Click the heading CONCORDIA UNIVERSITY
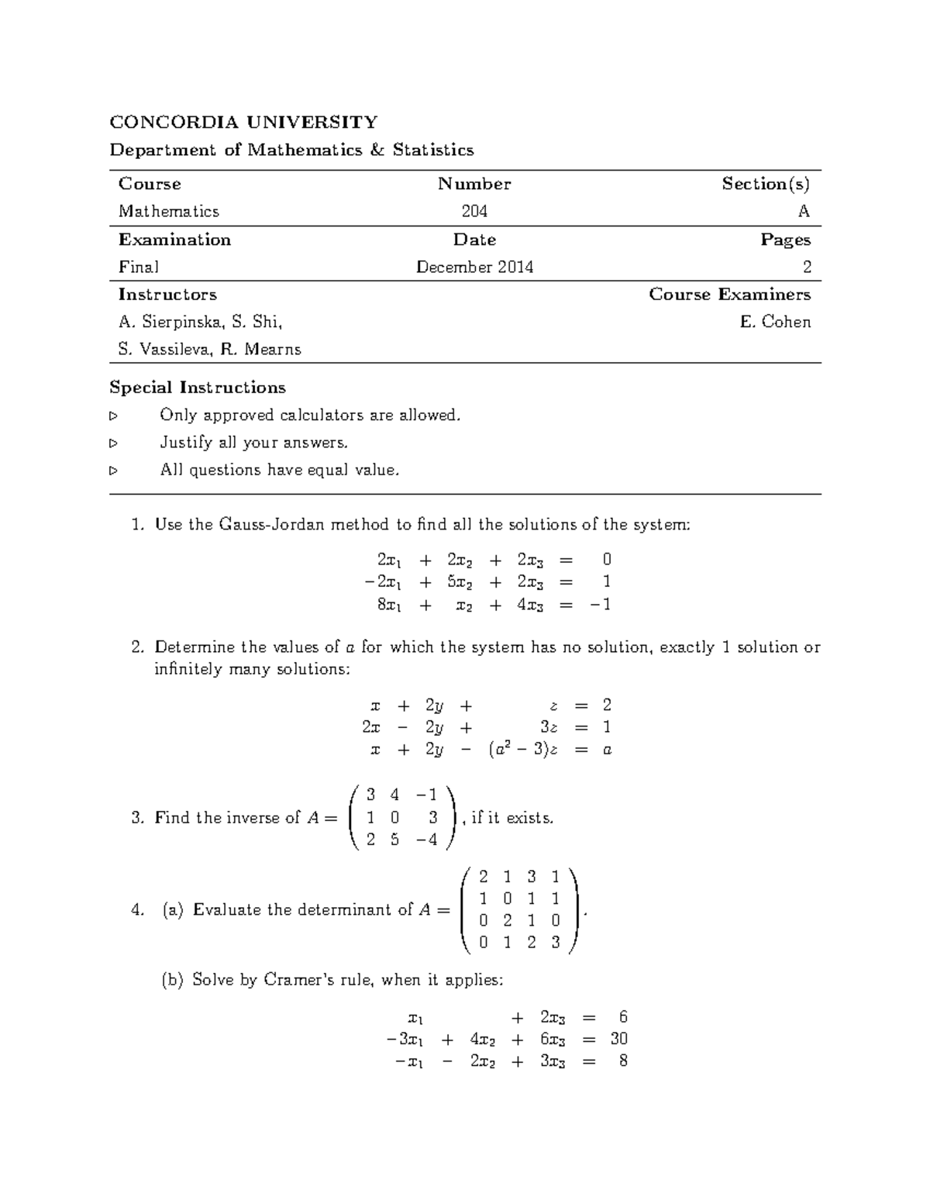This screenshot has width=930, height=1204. click(243, 122)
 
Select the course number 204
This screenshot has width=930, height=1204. click(474, 212)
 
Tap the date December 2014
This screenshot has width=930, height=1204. click(474, 267)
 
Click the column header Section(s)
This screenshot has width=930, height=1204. click(766, 184)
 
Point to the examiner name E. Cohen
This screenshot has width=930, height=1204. click(775, 323)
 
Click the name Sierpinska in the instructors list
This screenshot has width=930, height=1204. click(183, 323)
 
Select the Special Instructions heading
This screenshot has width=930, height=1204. click(198, 388)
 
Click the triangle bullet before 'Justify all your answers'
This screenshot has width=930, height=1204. click(114, 443)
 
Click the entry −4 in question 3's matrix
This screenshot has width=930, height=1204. click(426, 840)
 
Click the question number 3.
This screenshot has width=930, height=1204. click(137, 818)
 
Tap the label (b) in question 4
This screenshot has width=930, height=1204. click(172, 980)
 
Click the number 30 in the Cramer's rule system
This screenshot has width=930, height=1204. click(618, 1039)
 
